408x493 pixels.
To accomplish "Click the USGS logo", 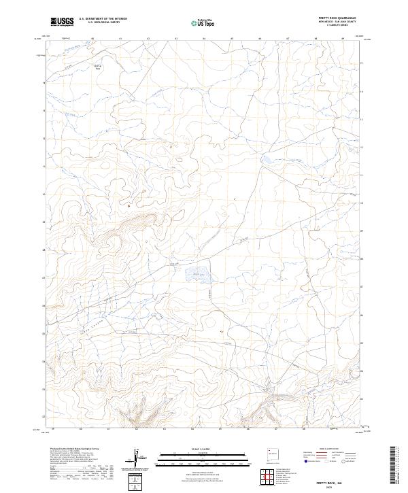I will point(63,22).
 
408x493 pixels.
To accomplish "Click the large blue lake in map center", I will point(197,275).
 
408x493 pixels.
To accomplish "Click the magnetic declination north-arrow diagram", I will point(138,458).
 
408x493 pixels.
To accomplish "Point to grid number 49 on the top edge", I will point(343,39).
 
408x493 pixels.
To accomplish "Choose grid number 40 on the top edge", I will point(92,39).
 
